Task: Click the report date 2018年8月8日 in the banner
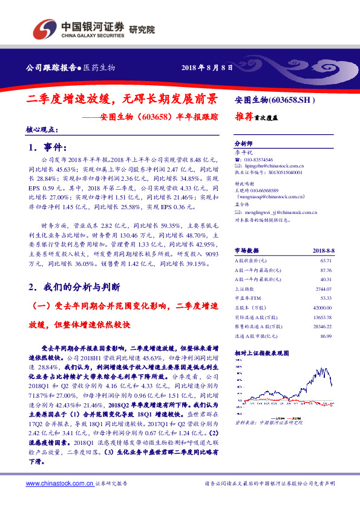[208, 68]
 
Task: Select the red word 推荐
[244, 118]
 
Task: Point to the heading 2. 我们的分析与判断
[76, 285]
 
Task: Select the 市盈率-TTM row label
[248, 299]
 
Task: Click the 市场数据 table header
[247, 249]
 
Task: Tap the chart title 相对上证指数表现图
[262, 352]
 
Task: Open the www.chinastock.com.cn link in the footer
[59, 484]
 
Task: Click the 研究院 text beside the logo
[142, 29]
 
